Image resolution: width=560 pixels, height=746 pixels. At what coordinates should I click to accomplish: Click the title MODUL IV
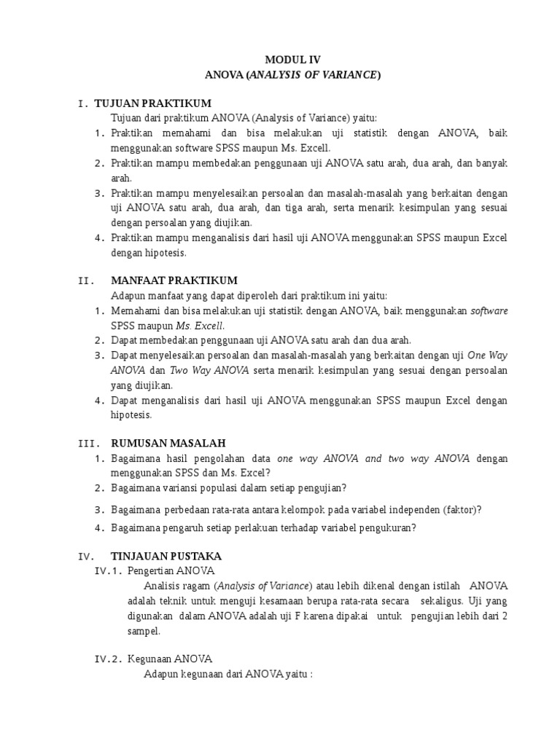click(x=292, y=60)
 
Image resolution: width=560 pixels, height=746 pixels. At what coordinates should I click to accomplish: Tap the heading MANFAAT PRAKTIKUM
click(x=174, y=280)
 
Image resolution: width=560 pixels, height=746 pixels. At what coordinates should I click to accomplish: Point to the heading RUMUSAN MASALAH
click(x=168, y=443)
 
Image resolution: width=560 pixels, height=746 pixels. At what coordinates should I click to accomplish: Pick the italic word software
click(x=489, y=311)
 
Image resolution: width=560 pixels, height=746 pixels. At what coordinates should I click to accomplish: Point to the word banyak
click(x=491, y=162)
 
